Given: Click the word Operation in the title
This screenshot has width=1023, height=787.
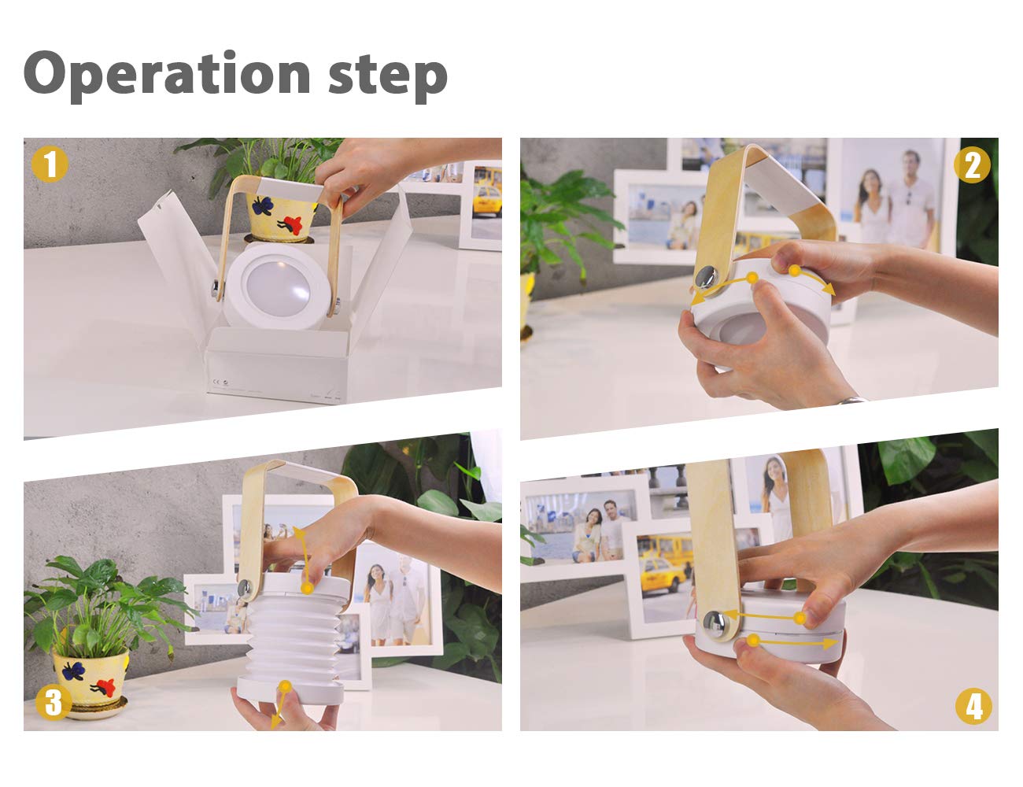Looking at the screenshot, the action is click(x=167, y=76).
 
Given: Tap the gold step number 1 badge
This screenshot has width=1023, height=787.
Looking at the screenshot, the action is click(x=50, y=164).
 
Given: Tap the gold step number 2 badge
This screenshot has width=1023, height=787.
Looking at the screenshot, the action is click(x=972, y=165).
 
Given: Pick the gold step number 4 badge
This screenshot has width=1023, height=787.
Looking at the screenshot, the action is click(x=973, y=706).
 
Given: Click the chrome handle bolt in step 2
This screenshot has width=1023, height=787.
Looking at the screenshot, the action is click(x=707, y=278).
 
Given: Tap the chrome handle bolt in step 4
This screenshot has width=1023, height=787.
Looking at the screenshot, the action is click(x=715, y=625).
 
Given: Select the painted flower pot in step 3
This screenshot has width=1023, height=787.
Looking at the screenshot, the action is click(x=90, y=678).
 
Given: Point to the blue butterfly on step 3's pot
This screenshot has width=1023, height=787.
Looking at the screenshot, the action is click(x=73, y=671).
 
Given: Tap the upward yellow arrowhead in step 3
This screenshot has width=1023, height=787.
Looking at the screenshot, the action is click(x=299, y=533).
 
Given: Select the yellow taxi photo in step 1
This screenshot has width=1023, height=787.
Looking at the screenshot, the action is click(x=486, y=205).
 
